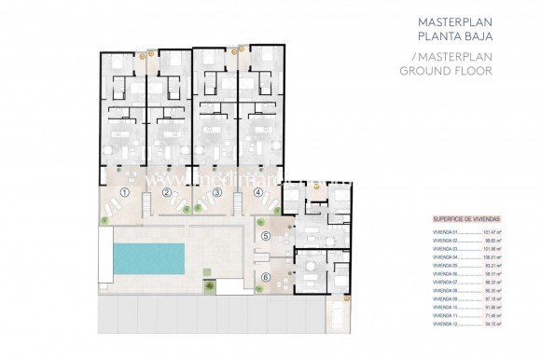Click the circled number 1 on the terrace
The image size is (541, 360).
(x=124, y=193)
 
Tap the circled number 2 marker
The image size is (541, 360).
(x=166, y=193)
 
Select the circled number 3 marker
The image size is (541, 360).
(x=216, y=193)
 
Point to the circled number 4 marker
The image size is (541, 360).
(x=257, y=193)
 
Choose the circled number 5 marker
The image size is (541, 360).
(x=266, y=236)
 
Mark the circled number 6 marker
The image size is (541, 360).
(x=266, y=277)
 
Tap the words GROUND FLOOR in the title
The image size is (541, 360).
(x=435, y=70)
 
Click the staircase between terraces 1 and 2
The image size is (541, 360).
(x=146, y=200)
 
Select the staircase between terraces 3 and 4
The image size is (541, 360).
(x=237, y=200)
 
